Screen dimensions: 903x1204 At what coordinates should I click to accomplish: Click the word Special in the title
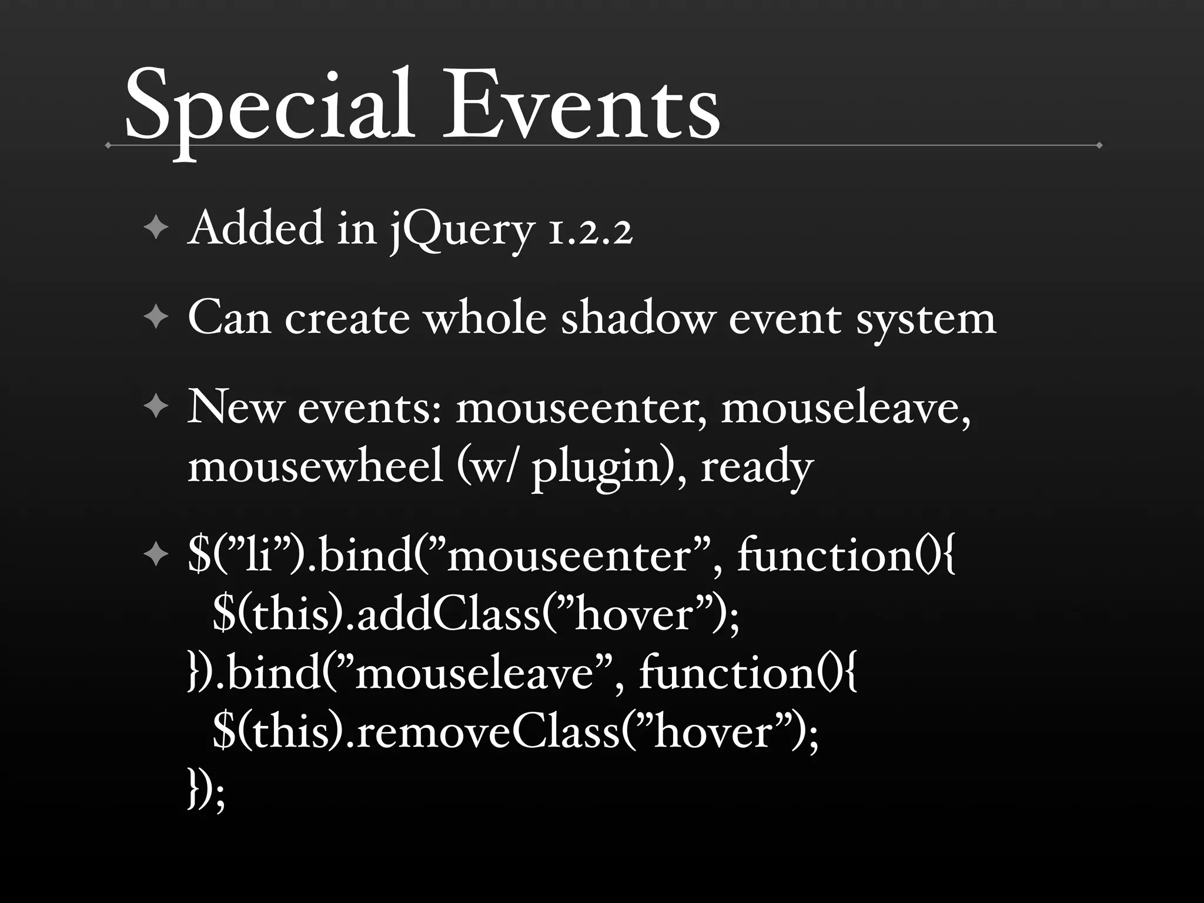[267, 109]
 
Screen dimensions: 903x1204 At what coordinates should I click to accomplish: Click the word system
[926, 320]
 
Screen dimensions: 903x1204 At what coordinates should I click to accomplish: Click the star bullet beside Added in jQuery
[156, 229]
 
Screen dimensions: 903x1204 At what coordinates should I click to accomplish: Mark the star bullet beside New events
[156, 407]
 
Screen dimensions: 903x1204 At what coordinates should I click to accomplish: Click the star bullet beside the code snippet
[156, 555]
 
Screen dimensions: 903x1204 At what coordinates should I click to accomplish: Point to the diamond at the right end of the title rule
[1099, 145]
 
